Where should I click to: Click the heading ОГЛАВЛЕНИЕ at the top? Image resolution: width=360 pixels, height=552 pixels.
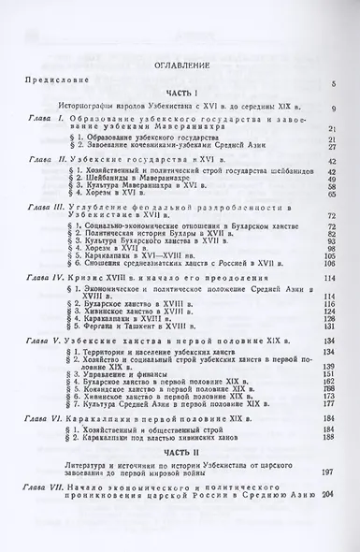[x=179, y=67]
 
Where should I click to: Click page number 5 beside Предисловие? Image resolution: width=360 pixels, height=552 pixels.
[x=333, y=84]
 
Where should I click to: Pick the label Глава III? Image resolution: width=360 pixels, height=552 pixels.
[x=44, y=203]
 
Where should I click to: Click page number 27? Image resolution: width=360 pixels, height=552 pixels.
[x=332, y=146]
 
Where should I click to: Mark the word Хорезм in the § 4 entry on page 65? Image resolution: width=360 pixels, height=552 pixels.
[x=102, y=192]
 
